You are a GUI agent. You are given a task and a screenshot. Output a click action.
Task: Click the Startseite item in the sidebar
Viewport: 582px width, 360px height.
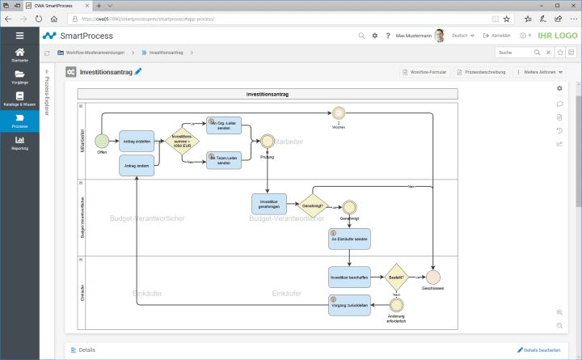point(19,55)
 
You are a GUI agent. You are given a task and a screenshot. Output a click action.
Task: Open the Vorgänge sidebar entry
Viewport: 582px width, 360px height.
point(19,78)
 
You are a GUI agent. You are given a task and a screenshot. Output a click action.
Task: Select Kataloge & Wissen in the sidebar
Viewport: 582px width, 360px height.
point(19,100)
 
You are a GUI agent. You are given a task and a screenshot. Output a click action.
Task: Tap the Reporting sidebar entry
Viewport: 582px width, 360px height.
point(19,143)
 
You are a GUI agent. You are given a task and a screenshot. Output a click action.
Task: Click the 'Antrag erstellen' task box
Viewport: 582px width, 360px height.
point(136,141)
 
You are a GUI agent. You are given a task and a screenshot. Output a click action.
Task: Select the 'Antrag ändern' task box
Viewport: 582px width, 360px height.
point(136,165)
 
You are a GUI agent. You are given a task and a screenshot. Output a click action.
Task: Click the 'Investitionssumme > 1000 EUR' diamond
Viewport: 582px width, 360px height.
point(182,142)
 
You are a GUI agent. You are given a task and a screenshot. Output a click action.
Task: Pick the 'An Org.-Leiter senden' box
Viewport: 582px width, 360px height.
point(224,125)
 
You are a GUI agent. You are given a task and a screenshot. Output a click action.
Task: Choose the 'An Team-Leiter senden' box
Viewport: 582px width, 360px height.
point(224,160)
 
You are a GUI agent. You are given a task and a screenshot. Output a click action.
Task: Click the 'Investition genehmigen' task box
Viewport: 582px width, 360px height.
point(269,204)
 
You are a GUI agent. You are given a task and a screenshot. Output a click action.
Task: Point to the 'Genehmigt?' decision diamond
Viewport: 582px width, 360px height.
point(314,205)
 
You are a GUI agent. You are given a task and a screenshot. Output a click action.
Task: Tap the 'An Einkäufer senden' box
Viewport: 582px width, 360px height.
point(349,239)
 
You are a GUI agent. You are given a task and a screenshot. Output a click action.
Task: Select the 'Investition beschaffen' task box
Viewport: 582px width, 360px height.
point(349,277)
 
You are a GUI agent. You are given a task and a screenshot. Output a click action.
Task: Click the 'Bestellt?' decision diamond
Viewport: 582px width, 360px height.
point(396,276)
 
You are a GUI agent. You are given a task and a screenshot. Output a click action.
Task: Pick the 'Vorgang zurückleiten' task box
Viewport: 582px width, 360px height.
point(349,305)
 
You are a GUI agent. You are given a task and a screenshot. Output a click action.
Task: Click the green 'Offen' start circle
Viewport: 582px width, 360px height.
point(102,141)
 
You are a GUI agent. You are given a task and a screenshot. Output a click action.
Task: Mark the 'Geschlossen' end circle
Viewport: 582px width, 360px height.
point(433,277)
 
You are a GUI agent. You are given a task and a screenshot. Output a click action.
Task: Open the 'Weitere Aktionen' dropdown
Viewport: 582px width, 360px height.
point(540,73)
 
